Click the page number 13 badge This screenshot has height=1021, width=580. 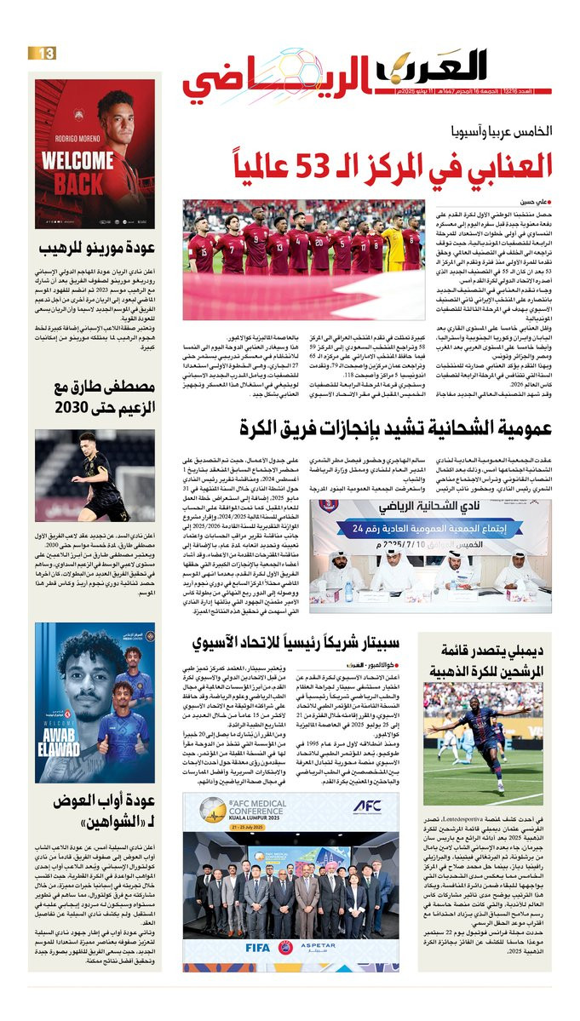[43, 54]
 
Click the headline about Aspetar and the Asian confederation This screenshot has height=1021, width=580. [310, 640]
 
